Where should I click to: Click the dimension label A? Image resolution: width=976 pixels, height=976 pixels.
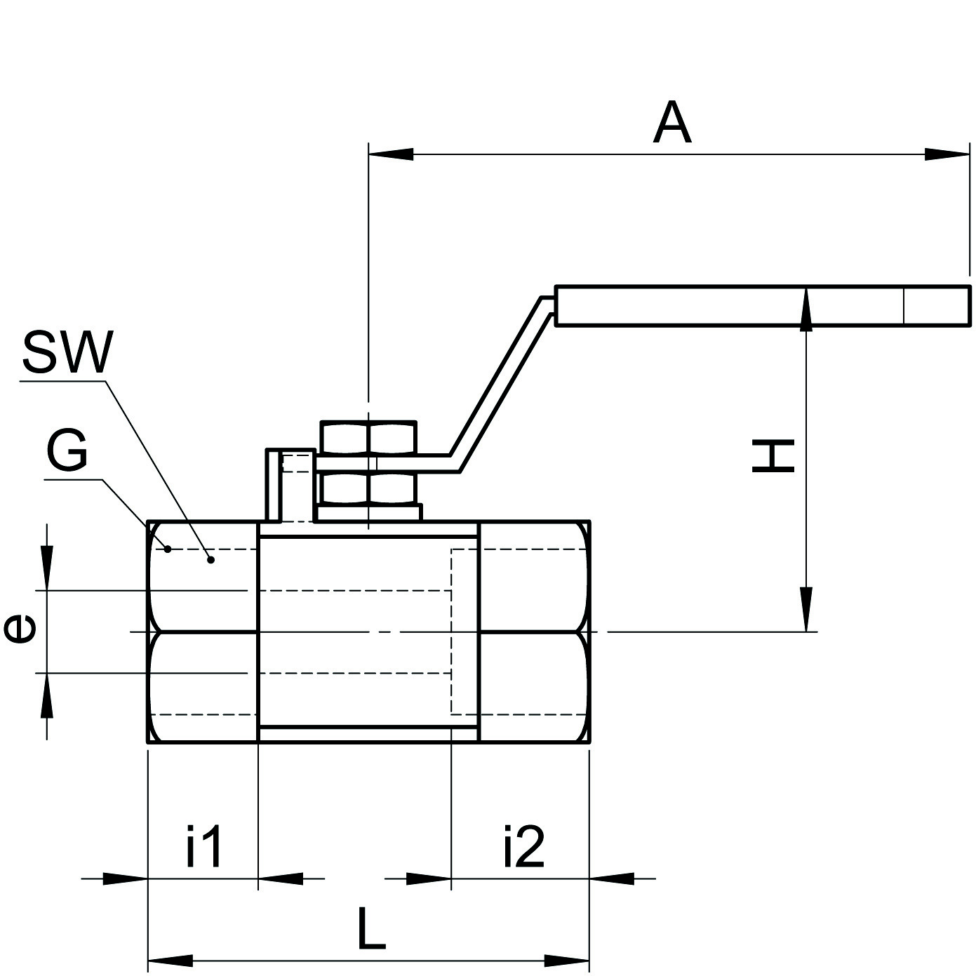click(672, 123)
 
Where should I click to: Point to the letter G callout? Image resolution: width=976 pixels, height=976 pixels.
click(67, 451)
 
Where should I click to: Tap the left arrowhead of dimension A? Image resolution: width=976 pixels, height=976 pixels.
click(390, 154)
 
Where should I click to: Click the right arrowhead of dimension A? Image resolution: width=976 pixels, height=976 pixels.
click(948, 154)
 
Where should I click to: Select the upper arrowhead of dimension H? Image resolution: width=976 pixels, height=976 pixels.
click(806, 309)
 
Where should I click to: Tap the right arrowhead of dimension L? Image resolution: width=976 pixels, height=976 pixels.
click(567, 960)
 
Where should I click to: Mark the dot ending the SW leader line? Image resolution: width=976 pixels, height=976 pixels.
click(210, 559)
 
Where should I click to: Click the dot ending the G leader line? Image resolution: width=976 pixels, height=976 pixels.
click(168, 549)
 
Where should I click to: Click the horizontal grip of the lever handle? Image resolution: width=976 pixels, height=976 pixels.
click(763, 306)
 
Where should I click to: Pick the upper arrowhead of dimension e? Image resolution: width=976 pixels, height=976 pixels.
click(46, 569)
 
